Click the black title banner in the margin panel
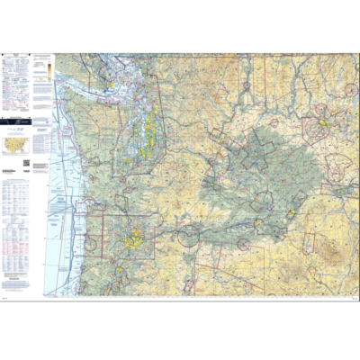pyautogui.click(x=16, y=118)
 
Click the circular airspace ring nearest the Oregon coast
pyautogui.click(x=90, y=244)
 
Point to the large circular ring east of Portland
pyautogui.click(x=188, y=237)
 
